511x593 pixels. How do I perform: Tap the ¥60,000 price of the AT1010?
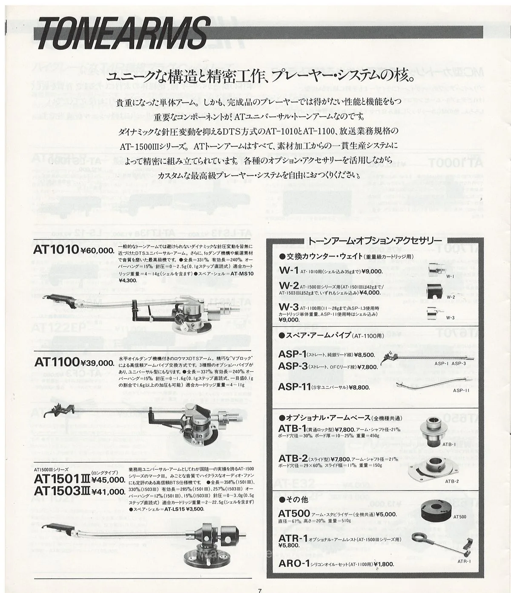[x=97, y=251]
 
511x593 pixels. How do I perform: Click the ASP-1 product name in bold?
[x=293, y=354]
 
